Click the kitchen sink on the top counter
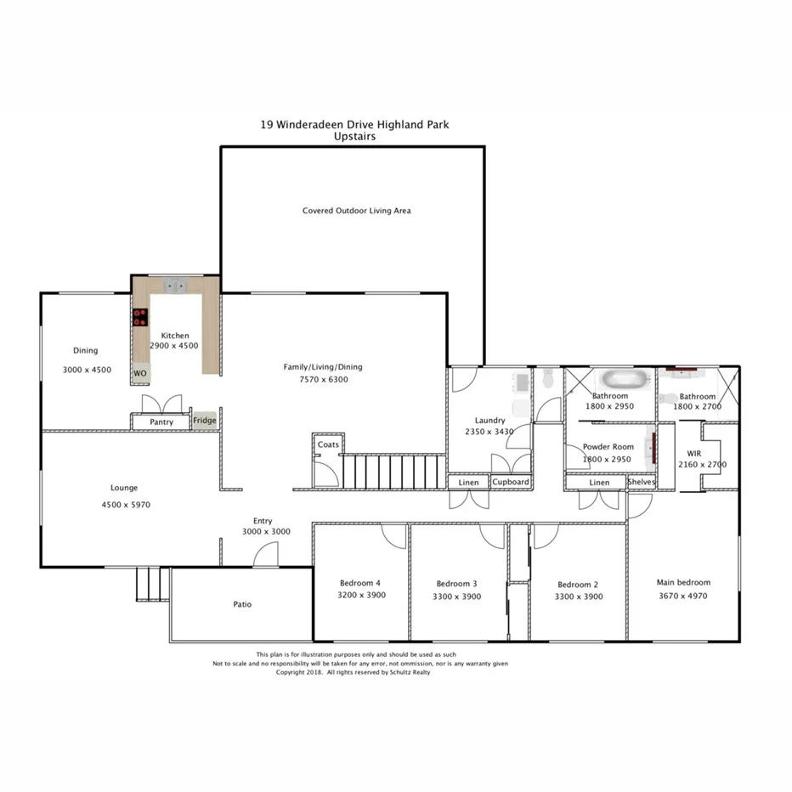coord(176,286)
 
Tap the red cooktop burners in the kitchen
coord(139,318)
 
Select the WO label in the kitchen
coord(139,373)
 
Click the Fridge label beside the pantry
coord(204,421)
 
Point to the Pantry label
coord(161,422)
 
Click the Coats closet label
coord(328,445)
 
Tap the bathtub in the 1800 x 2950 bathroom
coord(622,380)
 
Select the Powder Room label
coord(608,447)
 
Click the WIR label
coord(693,453)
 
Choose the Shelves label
coord(642,482)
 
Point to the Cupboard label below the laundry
coord(511,482)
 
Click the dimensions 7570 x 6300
coord(322,380)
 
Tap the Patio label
coord(242,605)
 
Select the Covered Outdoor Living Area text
coord(356,211)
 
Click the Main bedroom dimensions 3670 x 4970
coord(682,596)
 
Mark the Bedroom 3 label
coord(456,584)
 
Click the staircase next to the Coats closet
coord(393,472)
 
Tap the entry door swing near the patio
coord(265,555)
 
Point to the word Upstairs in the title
coord(354,136)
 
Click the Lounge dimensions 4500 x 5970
coord(124,505)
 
